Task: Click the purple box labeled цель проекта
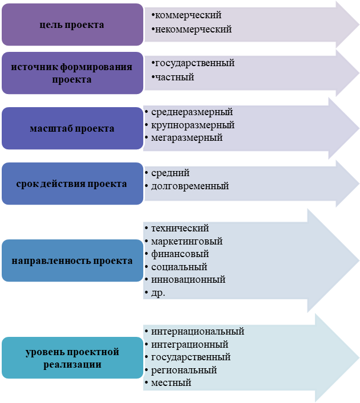tap(72, 25)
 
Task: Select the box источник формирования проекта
tap(72, 74)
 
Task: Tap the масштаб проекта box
tap(72, 128)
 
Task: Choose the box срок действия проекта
tap(72, 184)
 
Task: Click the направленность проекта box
tap(72, 260)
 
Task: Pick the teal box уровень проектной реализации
tap(72, 358)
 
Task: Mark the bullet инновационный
tap(188, 279)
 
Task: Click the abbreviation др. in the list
tap(158, 292)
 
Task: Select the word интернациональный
tap(197, 331)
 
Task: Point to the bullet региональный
tap(184, 370)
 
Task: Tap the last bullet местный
tap(171, 383)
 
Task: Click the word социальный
tap(179, 267)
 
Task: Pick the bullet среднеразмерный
tap(192, 112)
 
